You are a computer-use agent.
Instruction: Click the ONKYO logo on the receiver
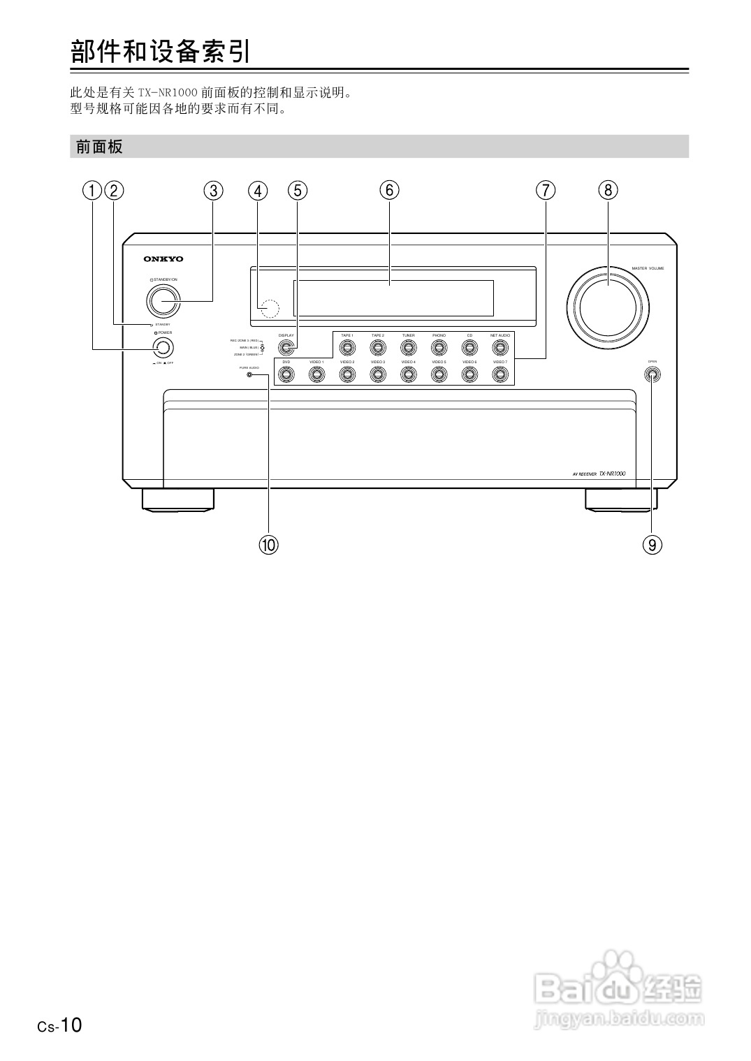163,259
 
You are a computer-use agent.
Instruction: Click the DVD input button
286,374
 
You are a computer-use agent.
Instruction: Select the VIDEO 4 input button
408,374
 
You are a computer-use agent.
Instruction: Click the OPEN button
652,374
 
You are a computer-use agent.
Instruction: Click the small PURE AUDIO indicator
249,375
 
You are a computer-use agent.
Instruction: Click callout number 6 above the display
389,189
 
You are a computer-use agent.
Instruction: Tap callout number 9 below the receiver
652,544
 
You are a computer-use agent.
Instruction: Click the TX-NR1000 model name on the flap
612,474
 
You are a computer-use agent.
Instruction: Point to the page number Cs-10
60,1025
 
